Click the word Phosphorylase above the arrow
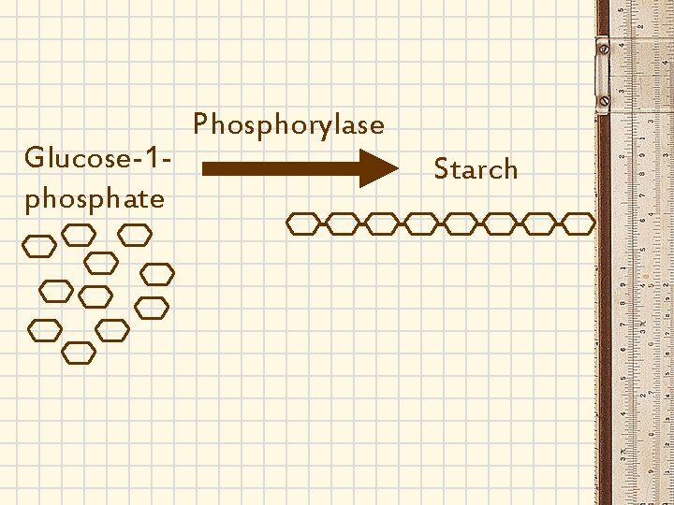click(x=288, y=125)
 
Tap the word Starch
click(x=476, y=169)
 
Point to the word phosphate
click(x=95, y=198)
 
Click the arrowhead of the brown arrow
click(x=378, y=169)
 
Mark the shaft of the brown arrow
click(x=281, y=169)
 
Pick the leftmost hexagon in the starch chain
click(x=302, y=223)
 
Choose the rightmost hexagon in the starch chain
click(x=578, y=223)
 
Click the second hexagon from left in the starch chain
click(x=342, y=223)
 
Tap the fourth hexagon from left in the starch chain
click(x=420, y=223)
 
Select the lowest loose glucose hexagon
click(x=79, y=352)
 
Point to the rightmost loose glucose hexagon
click(x=157, y=274)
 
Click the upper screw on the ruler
click(x=603, y=45)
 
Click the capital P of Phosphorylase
click(x=199, y=124)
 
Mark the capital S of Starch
click(x=441, y=169)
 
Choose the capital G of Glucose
click(x=34, y=157)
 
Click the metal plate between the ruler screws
click(x=603, y=70)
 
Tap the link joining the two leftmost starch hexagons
click(x=322, y=223)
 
